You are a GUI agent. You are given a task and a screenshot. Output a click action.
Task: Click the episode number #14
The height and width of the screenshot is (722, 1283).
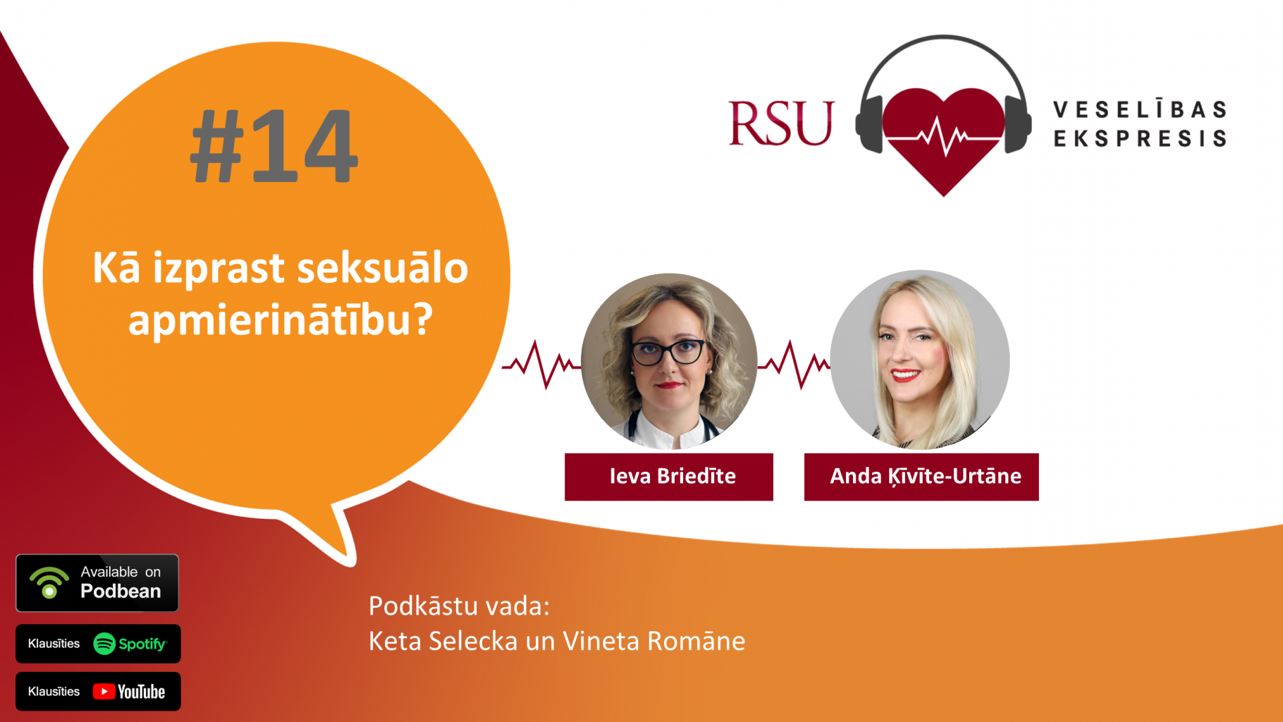(274, 147)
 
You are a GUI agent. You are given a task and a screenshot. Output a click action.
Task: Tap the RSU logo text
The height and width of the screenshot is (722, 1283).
(781, 123)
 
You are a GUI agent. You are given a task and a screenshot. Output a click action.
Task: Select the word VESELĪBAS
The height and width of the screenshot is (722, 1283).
(1140, 110)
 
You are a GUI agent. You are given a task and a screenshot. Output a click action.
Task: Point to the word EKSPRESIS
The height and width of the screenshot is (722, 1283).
(1140, 138)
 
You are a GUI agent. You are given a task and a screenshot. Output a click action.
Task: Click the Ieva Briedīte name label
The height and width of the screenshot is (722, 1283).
(669, 477)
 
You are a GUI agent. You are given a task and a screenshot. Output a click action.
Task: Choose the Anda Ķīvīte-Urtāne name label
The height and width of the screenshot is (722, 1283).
(921, 477)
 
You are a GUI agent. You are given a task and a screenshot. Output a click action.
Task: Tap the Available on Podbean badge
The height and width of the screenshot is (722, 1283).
(97, 583)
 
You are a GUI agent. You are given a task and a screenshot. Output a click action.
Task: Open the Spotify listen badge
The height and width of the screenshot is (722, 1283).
(98, 644)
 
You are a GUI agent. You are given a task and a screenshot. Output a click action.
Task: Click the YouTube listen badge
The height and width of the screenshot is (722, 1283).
(98, 692)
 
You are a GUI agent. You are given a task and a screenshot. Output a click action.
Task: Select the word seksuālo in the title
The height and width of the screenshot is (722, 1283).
(383, 268)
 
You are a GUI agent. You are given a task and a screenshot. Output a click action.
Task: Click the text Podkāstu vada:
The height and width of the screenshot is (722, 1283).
(459, 606)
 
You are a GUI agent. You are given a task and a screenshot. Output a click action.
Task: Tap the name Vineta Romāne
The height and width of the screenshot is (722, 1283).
(653, 641)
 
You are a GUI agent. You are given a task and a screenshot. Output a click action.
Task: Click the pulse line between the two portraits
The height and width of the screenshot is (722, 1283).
(794, 364)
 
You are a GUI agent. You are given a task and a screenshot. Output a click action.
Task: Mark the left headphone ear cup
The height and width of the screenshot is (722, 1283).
(869, 126)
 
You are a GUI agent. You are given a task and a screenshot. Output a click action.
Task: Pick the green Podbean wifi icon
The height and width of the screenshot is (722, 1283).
(49, 582)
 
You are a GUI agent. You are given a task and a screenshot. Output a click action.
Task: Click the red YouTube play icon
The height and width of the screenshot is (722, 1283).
(104, 692)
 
